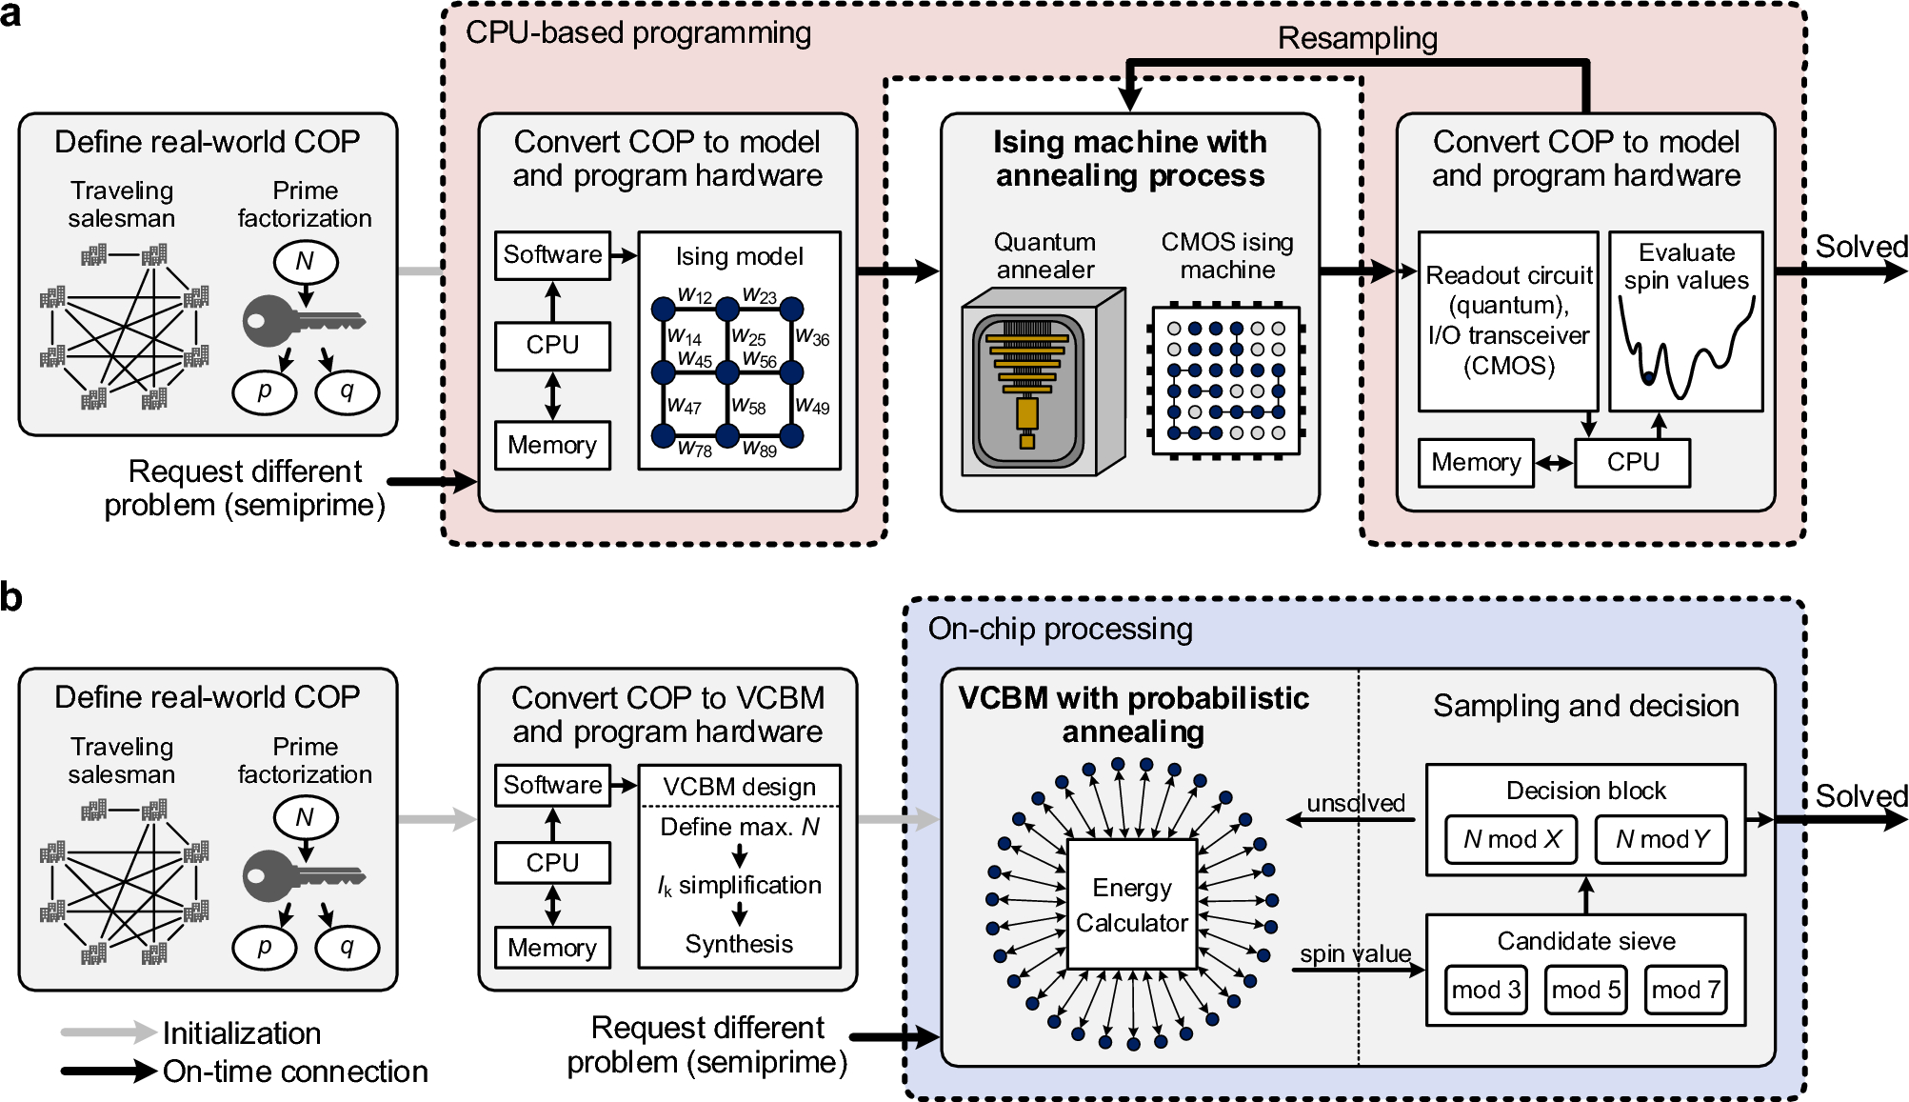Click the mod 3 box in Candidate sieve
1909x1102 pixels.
(x=1485, y=990)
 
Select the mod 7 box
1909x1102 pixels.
(x=1686, y=990)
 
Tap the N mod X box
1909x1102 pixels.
(x=1511, y=839)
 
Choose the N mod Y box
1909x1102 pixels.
(x=1661, y=839)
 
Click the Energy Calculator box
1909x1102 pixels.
(x=1132, y=904)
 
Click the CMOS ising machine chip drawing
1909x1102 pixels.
(x=1227, y=381)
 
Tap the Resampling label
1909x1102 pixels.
(x=1358, y=38)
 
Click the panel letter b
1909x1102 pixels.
(x=11, y=597)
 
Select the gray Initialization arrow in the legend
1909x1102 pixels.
(x=109, y=1032)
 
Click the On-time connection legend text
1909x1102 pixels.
(x=295, y=1072)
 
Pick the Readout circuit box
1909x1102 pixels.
(x=1508, y=321)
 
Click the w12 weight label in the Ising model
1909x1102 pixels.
(x=695, y=295)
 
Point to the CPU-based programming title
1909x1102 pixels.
(x=638, y=33)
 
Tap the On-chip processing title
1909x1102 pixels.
(x=1060, y=629)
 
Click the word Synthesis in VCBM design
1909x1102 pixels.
(x=739, y=944)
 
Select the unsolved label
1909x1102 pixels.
(x=1356, y=803)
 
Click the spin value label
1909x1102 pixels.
(x=1356, y=953)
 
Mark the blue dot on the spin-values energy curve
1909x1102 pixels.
(x=1648, y=378)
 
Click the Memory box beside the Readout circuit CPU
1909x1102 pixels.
(x=1476, y=463)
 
